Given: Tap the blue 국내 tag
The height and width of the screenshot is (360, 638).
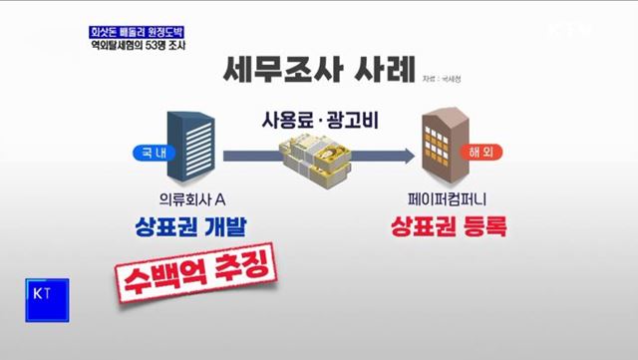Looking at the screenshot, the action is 148,154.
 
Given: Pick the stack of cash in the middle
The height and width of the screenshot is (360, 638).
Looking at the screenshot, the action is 313,163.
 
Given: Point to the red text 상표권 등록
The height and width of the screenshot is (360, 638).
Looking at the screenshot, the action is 448,227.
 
